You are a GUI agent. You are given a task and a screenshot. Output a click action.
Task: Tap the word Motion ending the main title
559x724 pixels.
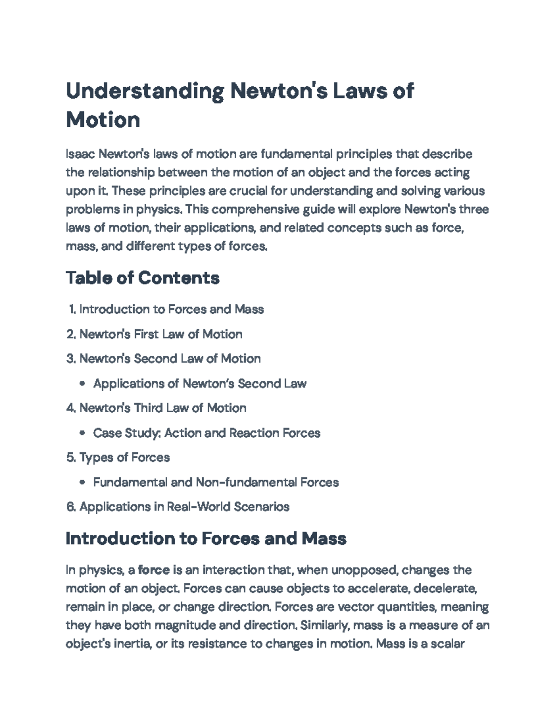[x=103, y=120]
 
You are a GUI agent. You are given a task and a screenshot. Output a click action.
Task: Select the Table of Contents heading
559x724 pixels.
[x=143, y=278]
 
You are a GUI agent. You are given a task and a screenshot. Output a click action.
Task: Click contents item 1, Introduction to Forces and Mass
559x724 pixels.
[x=171, y=309]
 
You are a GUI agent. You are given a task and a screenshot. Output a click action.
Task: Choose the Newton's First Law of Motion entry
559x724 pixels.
[x=161, y=334]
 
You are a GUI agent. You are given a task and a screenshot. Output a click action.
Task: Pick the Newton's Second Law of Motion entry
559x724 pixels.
[x=170, y=359]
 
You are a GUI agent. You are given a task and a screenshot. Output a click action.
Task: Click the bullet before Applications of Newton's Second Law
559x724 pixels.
[x=82, y=384]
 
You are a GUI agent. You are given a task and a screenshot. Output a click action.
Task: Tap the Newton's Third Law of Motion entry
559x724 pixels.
[x=163, y=408]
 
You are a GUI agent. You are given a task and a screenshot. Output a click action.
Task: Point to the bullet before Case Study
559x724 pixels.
[x=82, y=433]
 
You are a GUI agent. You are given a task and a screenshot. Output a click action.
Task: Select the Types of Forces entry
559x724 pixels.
[x=124, y=457]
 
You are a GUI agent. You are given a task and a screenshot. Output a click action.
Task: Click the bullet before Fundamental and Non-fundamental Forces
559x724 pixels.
[x=82, y=483]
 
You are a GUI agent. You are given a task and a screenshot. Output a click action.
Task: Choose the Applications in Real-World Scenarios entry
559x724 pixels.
[x=184, y=507]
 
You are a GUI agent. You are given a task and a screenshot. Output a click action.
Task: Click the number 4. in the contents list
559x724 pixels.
[x=71, y=408]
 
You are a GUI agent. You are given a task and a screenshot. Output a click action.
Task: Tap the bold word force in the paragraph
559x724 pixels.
[x=154, y=570]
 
